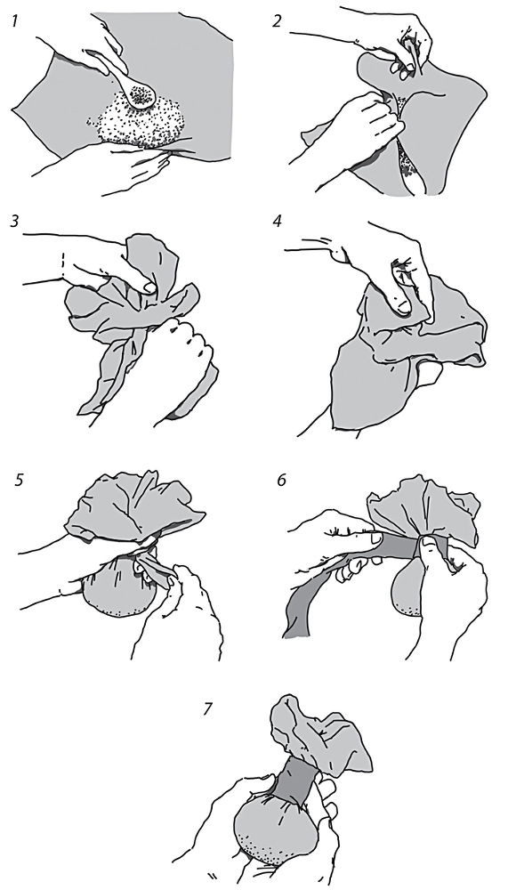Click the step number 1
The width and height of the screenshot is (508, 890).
(x=13, y=22)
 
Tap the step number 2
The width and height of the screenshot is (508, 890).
(x=277, y=22)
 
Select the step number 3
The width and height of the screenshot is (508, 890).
(x=15, y=221)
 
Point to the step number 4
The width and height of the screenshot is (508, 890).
(x=277, y=221)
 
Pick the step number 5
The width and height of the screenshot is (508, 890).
(x=20, y=480)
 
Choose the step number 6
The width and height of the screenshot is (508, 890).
(x=281, y=480)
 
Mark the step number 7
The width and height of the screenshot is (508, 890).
(x=208, y=708)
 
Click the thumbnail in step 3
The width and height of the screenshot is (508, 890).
(x=149, y=287)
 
